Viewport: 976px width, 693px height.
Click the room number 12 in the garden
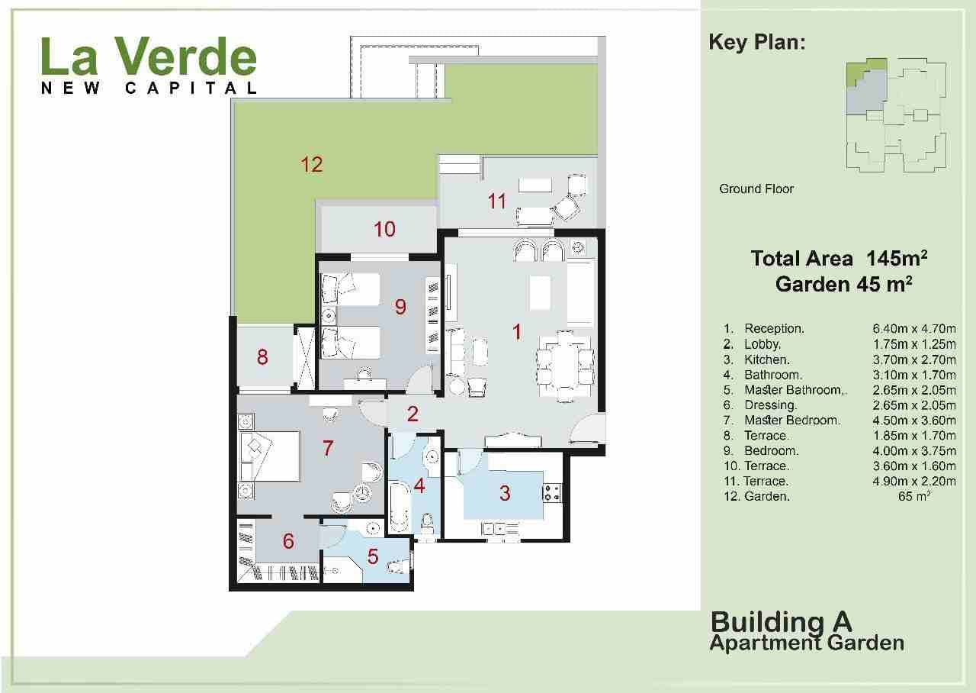312,164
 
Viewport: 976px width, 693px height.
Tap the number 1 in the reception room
517,332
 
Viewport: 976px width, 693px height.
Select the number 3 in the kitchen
505,493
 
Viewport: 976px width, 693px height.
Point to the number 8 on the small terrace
262,356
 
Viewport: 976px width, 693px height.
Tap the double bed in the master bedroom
270,456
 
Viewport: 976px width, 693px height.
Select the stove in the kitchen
552,493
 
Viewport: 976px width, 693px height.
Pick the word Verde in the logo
185,56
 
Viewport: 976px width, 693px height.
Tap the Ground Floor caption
756,189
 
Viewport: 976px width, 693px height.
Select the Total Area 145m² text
839,259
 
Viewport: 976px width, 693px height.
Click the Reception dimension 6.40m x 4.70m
914,329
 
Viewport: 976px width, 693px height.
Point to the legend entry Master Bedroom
791,421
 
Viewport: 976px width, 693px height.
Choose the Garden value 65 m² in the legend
914,496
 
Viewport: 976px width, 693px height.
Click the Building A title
781,622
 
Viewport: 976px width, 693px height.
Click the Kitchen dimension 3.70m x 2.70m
914,359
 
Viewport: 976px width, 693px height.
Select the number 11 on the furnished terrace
496,201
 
